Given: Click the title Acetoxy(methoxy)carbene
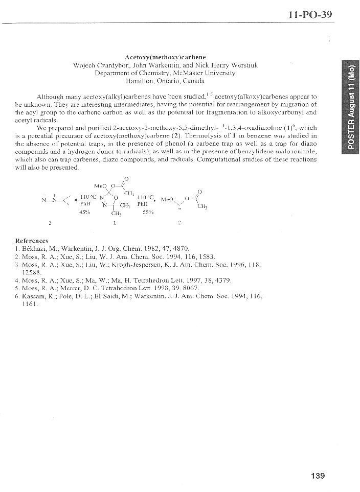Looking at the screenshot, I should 165,57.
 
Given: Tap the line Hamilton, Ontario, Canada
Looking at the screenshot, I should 165,81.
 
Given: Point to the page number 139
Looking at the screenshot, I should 318,476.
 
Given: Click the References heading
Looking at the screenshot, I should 32,240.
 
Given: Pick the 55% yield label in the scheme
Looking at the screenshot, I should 148,212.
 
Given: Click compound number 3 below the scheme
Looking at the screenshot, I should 50,223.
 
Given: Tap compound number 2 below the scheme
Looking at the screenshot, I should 179,223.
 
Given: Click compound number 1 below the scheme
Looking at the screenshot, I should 115,223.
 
